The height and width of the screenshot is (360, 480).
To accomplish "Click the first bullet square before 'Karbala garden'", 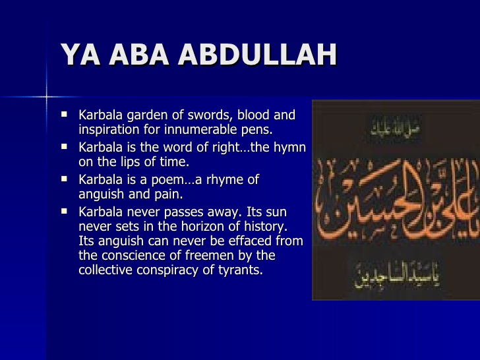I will (65, 114).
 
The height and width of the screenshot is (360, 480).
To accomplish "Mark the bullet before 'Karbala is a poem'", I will (65, 178).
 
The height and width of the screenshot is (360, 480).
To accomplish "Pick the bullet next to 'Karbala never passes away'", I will (65, 211).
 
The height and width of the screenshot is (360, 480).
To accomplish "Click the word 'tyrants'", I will (239, 270).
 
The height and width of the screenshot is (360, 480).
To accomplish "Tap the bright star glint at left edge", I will (47, 97).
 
